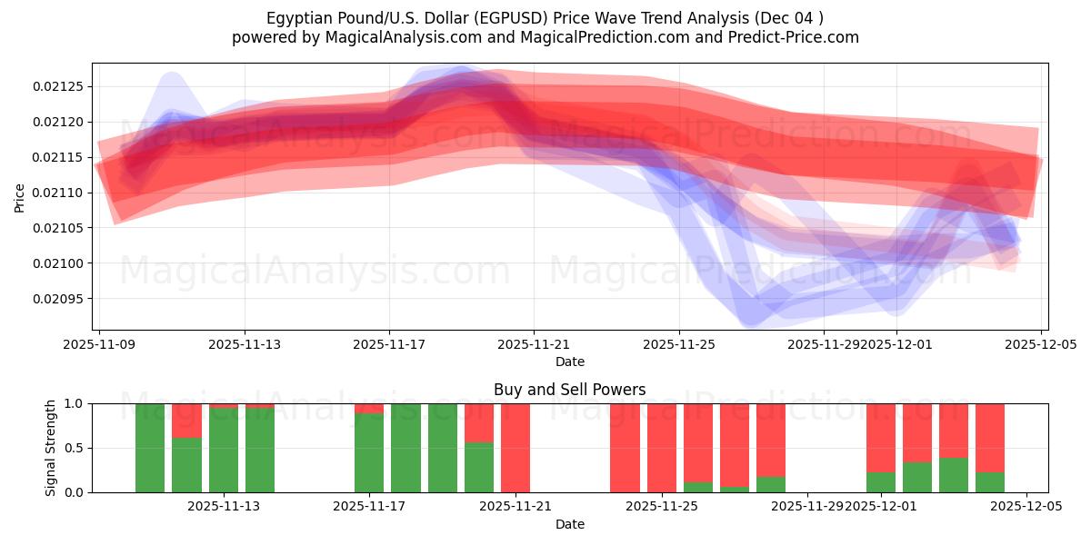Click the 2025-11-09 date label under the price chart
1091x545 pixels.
click(x=99, y=345)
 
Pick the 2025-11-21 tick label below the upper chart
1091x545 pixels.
click(x=534, y=345)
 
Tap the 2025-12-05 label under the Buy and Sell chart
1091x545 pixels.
click(x=1026, y=507)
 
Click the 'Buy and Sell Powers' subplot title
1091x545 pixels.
click(x=569, y=390)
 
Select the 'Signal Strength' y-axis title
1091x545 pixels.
click(x=51, y=448)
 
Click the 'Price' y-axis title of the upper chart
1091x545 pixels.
click(x=20, y=197)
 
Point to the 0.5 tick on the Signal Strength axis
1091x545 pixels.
click(x=73, y=448)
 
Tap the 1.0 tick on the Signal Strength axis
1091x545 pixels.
click(x=73, y=403)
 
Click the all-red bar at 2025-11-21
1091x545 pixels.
click(x=515, y=448)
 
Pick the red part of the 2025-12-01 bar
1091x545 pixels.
click(x=881, y=436)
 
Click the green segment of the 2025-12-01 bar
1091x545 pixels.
click(x=881, y=482)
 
